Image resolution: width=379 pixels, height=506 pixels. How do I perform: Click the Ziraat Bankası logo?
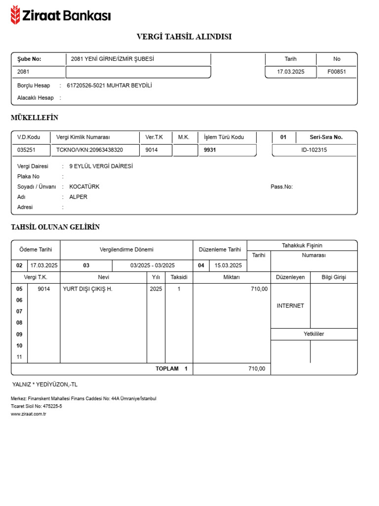[60, 15]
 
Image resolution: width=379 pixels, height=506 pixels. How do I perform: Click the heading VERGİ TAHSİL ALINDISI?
[184, 37]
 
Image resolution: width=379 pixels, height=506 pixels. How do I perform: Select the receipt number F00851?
[337, 72]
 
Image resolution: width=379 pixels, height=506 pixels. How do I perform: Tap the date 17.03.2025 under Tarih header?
[291, 72]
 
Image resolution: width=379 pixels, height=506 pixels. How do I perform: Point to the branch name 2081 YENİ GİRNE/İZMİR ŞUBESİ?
[113, 59]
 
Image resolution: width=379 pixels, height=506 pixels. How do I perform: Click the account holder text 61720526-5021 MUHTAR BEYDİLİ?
[109, 85]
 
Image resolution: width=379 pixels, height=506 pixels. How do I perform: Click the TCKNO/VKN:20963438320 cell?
[90, 150]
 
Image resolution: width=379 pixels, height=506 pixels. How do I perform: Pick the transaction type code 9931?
[210, 150]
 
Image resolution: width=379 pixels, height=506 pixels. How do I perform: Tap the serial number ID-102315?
[314, 150]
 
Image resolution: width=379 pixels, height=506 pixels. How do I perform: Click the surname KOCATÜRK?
[84, 187]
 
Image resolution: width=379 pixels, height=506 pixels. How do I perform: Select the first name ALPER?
[78, 197]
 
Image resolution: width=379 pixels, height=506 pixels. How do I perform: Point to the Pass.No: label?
[282, 187]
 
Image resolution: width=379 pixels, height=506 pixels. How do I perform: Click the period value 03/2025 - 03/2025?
[152, 265]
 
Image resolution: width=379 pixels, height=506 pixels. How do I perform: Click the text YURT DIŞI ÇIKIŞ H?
[87, 289]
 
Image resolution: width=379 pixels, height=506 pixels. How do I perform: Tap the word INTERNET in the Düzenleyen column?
[290, 306]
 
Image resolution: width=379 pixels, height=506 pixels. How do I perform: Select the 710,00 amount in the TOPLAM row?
[256, 369]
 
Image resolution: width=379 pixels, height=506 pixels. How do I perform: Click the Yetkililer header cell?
[314, 334]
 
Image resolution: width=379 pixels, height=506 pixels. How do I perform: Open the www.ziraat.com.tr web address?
[29, 414]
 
